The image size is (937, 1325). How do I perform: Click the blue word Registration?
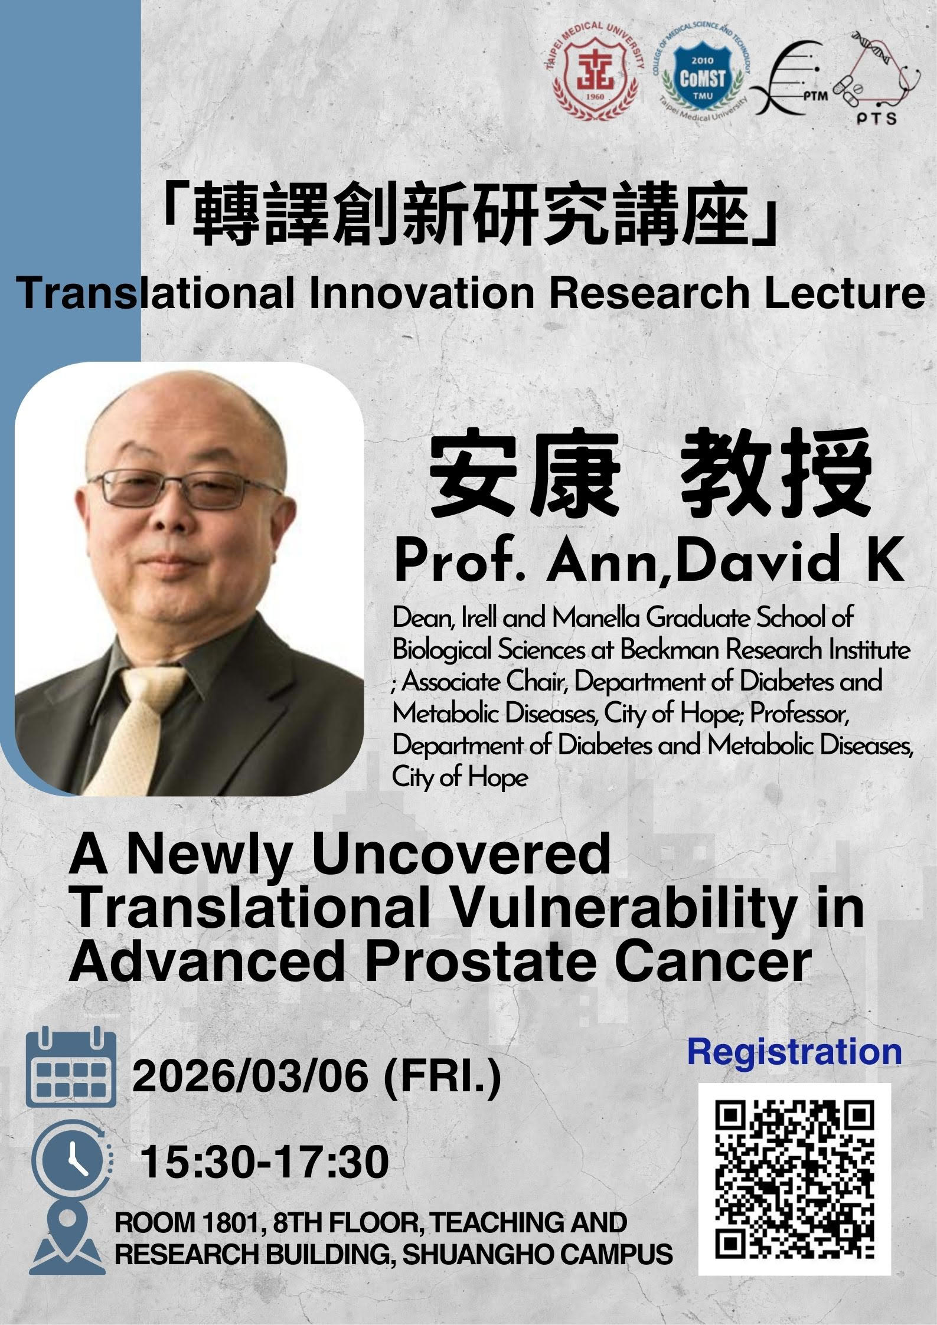(794, 1052)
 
